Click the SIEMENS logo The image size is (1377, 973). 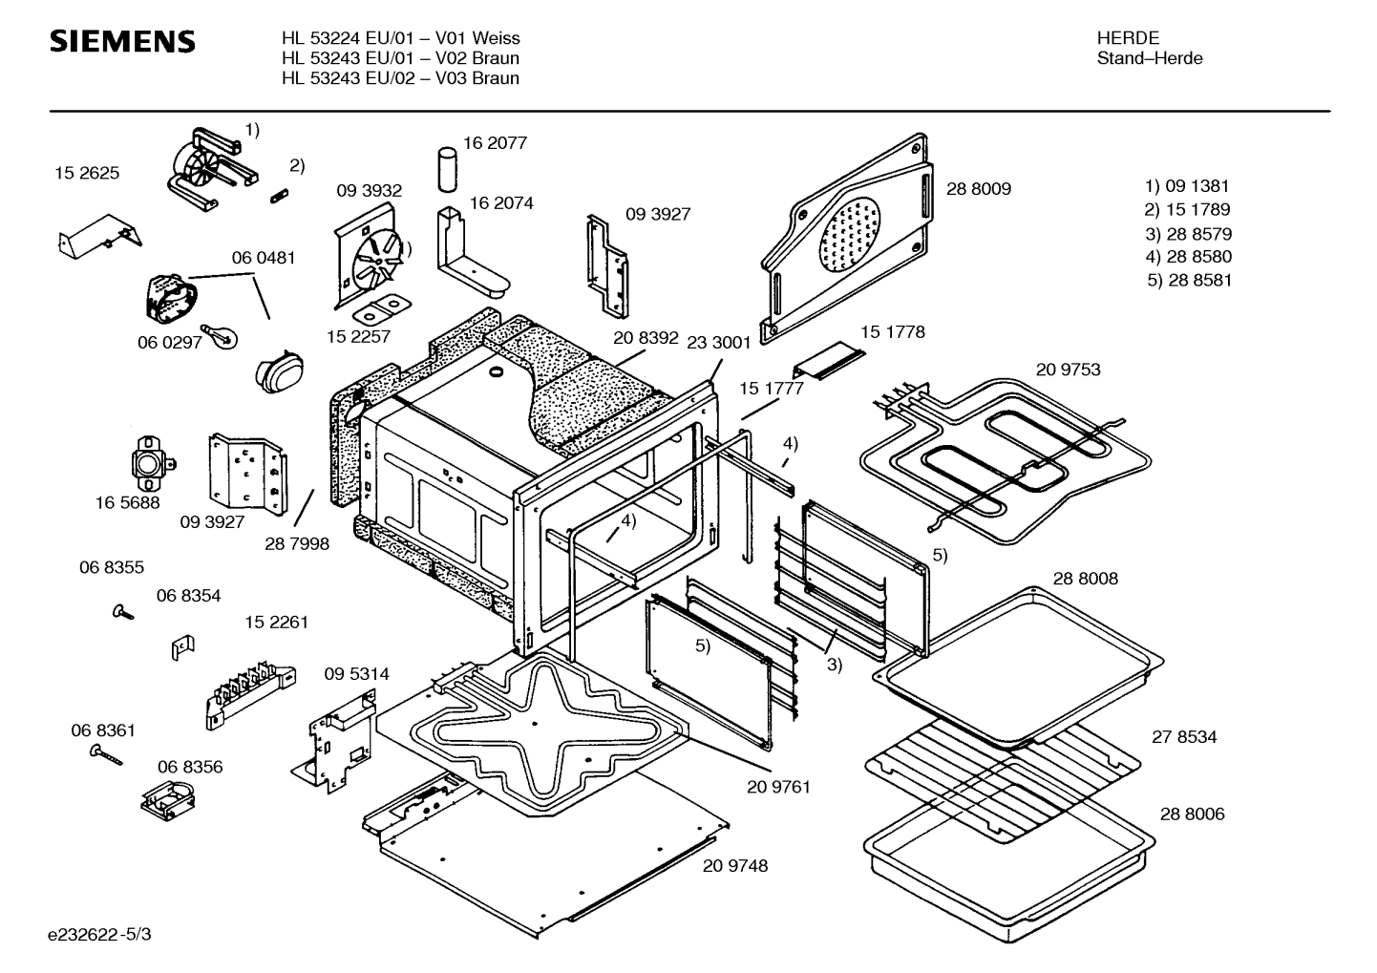point(122,42)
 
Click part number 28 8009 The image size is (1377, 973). point(978,189)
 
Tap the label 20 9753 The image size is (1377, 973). point(1068,370)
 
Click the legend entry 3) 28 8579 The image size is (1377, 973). point(1188,234)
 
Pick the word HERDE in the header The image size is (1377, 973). point(1128,38)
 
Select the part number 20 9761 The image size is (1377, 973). point(778,787)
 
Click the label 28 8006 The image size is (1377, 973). point(1192,814)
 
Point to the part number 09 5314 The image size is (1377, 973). point(356,674)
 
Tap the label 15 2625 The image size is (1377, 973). point(87,173)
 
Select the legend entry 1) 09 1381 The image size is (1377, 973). point(1187,186)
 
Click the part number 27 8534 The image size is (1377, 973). point(1184,736)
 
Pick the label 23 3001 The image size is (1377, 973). point(718,343)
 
